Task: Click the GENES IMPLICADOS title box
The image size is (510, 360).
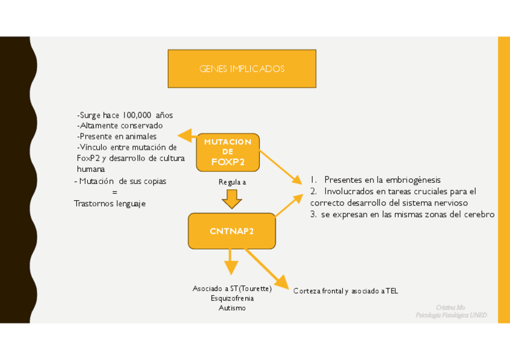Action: point(241,69)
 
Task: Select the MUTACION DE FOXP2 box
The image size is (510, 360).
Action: point(227,152)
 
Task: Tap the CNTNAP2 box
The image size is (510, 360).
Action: point(232,231)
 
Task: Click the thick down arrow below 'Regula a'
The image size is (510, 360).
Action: point(232,198)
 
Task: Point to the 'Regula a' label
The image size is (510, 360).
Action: point(232,182)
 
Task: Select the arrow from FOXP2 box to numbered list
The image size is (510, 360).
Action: point(280,165)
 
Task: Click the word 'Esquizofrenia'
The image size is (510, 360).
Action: point(232,298)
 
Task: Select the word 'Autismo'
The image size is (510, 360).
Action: point(232,308)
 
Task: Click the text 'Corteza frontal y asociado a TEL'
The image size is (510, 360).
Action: point(345,291)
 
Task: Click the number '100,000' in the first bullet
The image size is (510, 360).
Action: point(137,115)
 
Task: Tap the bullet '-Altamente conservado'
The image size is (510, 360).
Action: point(120,126)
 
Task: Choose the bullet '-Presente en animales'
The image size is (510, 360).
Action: point(117,136)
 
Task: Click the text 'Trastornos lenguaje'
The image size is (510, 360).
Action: point(109,204)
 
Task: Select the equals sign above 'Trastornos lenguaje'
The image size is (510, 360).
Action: point(114,192)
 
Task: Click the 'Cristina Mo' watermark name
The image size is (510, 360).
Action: point(450,307)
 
